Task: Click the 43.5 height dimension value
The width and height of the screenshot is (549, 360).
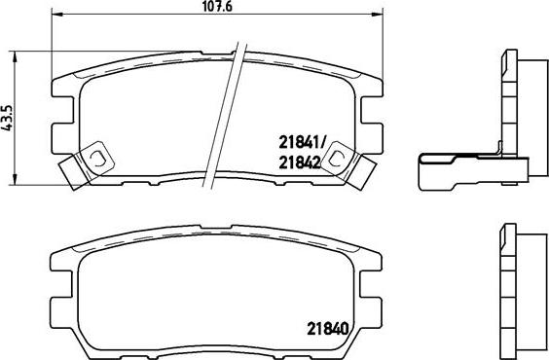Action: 7,118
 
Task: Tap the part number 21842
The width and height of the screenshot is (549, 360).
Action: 300,162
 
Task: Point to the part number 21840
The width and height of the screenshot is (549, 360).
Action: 328,329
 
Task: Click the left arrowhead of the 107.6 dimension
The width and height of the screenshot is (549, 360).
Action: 57,15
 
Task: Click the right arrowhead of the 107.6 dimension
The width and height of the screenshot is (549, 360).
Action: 378,15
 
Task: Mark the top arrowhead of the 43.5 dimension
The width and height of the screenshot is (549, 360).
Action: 14,56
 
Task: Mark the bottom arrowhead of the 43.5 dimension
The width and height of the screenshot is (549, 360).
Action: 14,179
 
